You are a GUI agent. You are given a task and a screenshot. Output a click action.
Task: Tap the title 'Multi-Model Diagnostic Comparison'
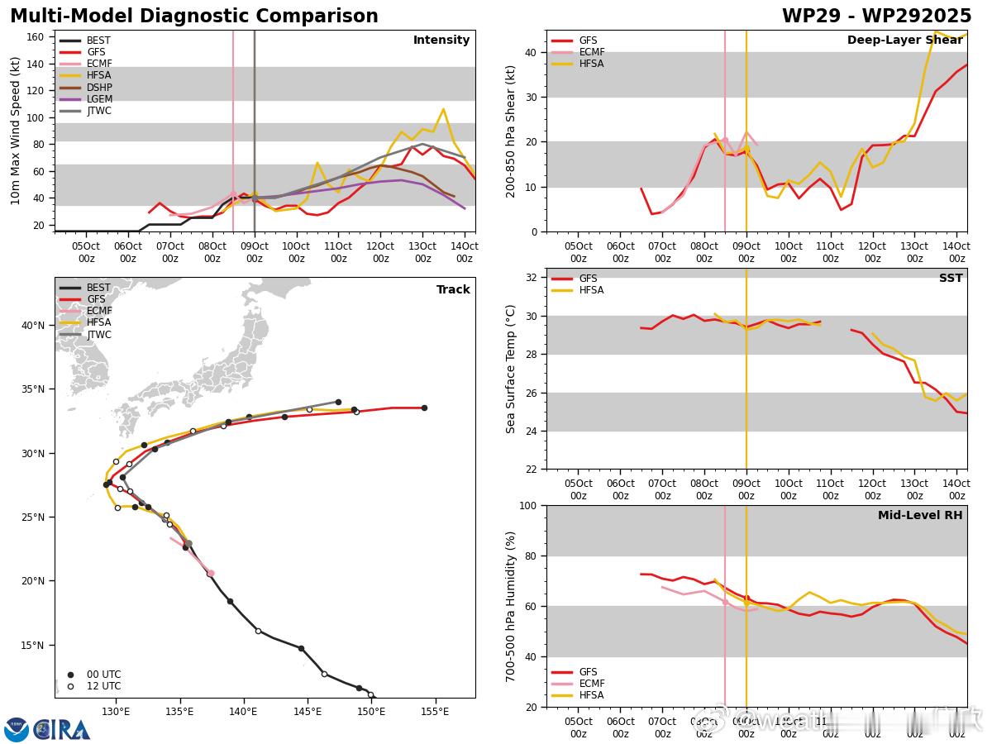point(193,17)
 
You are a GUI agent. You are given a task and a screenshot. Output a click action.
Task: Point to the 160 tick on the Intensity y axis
point(36,36)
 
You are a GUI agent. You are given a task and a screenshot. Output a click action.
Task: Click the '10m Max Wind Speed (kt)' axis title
point(15,131)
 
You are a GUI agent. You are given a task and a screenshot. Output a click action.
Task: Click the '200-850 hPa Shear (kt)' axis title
point(511,131)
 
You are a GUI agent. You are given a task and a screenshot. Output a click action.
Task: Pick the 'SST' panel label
point(951,279)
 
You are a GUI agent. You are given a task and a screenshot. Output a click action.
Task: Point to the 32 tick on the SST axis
point(533,278)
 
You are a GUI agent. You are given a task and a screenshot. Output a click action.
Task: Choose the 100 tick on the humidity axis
point(530,505)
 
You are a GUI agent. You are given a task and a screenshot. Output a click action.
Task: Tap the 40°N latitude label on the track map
point(33,325)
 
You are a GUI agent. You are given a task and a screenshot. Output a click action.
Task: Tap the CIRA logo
point(47,729)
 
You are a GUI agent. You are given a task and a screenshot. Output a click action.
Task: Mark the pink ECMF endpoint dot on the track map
point(210,573)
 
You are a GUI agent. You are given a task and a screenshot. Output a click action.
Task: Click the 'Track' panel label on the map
point(453,289)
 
